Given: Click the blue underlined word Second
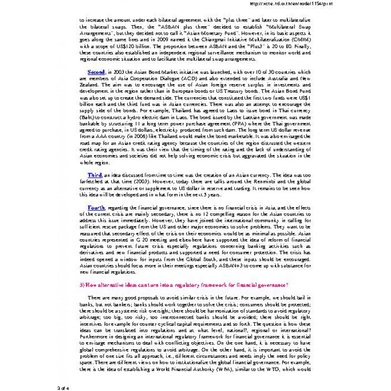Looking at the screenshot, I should coord(96,72).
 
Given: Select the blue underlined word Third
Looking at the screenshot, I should coord(95,175).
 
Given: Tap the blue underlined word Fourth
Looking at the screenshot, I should coord(96,208).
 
